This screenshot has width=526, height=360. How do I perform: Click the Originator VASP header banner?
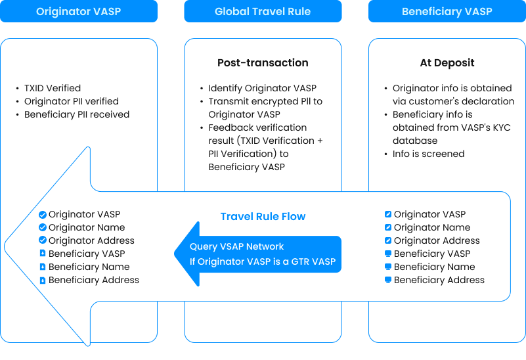click(x=79, y=11)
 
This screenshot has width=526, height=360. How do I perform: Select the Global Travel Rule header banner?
click(x=263, y=11)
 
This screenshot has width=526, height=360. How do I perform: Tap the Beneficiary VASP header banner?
click(x=447, y=11)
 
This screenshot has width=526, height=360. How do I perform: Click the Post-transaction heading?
click(x=263, y=63)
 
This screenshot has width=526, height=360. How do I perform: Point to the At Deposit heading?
click(x=447, y=63)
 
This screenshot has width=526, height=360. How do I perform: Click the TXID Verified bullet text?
click(x=53, y=88)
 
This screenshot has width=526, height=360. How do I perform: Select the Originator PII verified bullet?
click(x=71, y=101)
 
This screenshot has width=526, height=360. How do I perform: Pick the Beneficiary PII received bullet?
click(x=76, y=114)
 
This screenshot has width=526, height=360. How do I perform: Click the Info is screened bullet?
click(x=428, y=154)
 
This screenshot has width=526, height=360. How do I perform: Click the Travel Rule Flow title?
click(x=263, y=216)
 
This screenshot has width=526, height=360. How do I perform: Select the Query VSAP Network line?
click(x=237, y=246)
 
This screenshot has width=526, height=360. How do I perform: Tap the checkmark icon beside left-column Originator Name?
click(x=43, y=227)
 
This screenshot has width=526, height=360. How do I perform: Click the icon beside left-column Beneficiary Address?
click(x=43, y=280)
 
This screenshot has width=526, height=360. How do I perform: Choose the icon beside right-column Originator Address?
click(x=388, y=240)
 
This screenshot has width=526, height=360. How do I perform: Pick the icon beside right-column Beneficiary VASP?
click(x=388, y=254)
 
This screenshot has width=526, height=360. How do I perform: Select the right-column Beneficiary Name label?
click(x=434, y=267)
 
